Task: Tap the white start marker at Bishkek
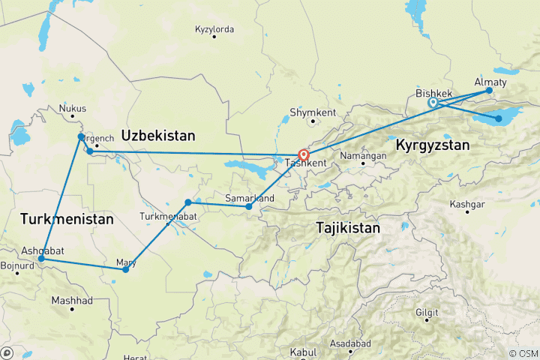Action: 433,103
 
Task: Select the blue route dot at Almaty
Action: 489,91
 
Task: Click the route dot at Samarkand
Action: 249,207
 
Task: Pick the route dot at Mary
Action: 125,269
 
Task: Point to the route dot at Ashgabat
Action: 41,259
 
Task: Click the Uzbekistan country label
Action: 158,136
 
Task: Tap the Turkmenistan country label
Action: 67,220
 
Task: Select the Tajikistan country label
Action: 348,226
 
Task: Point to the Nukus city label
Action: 73,108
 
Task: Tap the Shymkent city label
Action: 313,112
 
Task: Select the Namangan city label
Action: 363,154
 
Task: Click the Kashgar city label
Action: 466,204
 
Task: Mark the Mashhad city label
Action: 72,300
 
